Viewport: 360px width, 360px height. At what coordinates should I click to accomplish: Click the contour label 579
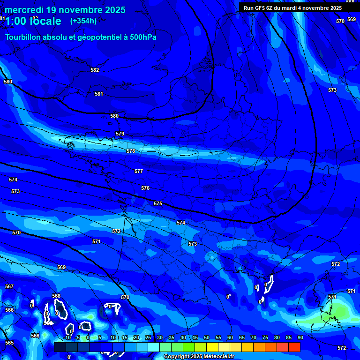click(120, 134)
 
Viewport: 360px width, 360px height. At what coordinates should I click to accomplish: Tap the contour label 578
click(131, 151)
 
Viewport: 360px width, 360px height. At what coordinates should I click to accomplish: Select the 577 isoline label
click(139, 171)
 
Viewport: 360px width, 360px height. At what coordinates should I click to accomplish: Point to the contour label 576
click(145, 188)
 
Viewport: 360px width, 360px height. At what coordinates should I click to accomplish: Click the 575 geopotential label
click(158, 203)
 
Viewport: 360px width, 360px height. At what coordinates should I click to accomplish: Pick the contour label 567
click(9, 286)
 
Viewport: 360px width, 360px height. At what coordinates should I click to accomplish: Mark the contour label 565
click(9, 343)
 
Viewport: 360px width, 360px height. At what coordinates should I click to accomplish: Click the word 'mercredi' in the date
click(24, 10)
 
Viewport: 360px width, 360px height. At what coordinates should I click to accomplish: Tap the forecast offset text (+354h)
click(83, 21)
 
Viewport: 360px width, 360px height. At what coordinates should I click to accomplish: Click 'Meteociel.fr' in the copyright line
click(225, 357)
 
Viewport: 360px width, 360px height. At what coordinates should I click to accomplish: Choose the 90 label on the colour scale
click(300, 337)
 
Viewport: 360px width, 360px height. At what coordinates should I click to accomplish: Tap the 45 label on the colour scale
click(195, 337)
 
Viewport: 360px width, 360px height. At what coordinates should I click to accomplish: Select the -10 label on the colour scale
click(67, 337)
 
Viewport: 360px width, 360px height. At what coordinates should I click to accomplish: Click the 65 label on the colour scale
click(241, 337)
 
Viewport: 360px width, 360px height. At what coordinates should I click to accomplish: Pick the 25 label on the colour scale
click(148, 337)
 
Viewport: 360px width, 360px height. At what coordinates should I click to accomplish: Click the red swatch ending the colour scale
click(294, 347)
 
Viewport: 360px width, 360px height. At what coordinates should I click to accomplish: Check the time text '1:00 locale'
click(33, 21)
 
